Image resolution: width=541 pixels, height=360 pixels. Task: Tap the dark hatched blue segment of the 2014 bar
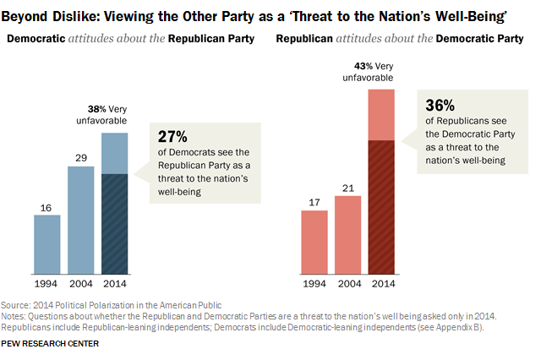coord(114,223)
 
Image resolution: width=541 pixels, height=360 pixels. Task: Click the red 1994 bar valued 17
coord(314,242)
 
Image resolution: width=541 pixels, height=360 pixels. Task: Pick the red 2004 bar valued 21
coord(347,234)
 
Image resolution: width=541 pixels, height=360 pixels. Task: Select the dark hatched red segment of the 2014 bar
coord(381,206)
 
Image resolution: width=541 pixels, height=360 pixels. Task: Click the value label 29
coord(80,157)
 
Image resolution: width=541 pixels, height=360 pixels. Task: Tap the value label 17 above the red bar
coord(314,201)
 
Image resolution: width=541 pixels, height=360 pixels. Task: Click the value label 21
coord(347,187)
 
